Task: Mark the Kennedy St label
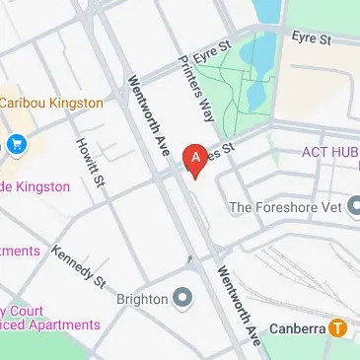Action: pyautogui.click(x=79, y=267)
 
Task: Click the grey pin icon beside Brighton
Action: pyautogui.click(x=182, y=297)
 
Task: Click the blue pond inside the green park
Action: pyautogui.click(x=265, y=12)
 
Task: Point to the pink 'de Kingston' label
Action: pyautogui.click(x=36, y=186)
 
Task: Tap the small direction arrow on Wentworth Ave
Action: pyautogui.click(x=189, y=257)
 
